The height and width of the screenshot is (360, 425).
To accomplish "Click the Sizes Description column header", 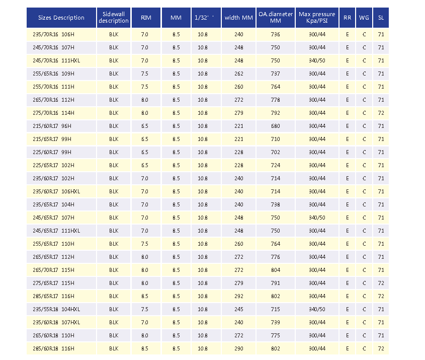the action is pyautogui.click(x=61, y=18).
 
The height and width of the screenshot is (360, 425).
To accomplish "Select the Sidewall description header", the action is pyautogui.click(x=114, y=17).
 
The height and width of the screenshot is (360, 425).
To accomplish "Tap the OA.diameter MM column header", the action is pyautogui.click(x=276, y=17).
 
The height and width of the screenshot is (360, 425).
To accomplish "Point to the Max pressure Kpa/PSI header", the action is pyautogui.click(x=317, y=17).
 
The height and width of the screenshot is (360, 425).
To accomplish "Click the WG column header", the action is pyautogui.click(x=364, y=18).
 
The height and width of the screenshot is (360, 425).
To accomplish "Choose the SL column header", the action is pyautogui.click(x=381, y=18).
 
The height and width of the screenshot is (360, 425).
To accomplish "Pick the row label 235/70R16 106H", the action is pyautogui.click(x=53, y=34).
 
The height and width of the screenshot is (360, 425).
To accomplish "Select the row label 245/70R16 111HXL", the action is pyautogui.click(x=56, y=60).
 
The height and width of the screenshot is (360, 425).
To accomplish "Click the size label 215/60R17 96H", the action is pyautogui.click(x=52, y=126).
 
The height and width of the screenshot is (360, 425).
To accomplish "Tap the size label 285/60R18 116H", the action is pyautogui.click(x=53, y=348).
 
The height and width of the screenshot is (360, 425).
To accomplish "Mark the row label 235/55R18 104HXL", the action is pyautogui.click(x=56, y=309).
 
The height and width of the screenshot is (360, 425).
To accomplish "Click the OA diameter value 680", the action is pyautogui.click(x=276, y=126).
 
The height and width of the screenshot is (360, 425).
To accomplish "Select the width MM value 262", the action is pyautogui.click(x=239, y=74).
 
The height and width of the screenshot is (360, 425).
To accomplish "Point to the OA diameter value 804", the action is pyautogui.click(x=276, y=270).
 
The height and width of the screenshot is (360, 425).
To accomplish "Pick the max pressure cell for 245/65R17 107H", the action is pyautogui.click(x=317, y=218).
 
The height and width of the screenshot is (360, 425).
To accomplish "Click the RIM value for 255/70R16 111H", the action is pyautogui.click(x=145, y=87).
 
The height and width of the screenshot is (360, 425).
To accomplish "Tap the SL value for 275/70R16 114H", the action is pyautogui.click(x=381, y=113).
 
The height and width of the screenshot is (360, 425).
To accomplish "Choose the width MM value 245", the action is pyautogui.click(x=239, y=309).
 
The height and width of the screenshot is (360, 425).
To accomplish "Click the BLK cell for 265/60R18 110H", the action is pyautogui.click(x=114, y=335).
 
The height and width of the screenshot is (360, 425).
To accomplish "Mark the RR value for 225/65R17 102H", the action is pyautogui.click(x=348, y=165).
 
